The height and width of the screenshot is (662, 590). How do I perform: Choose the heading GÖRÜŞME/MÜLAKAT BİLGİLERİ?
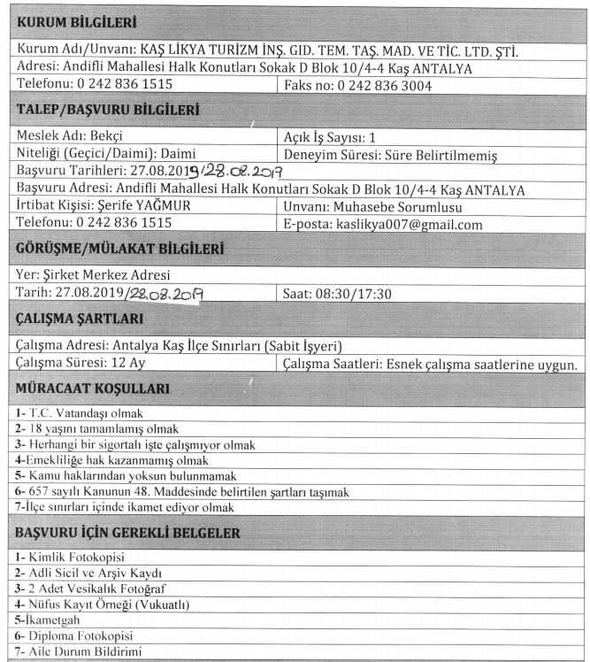[x=118, y=250]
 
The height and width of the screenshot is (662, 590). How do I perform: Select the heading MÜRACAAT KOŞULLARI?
[x=94, y=388]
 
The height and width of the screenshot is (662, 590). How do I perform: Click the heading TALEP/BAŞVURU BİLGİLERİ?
[x=106, y=111]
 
